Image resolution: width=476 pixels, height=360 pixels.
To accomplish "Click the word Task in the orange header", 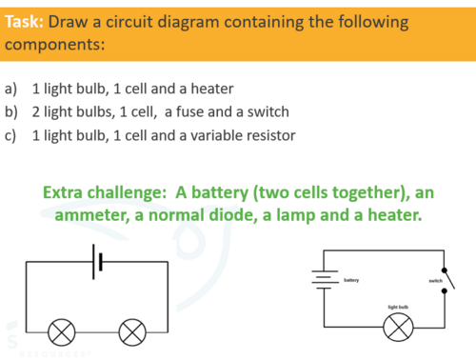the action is (24, 22).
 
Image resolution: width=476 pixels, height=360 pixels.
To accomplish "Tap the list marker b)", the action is (11, 112).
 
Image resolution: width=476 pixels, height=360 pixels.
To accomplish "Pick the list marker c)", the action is (10, 136).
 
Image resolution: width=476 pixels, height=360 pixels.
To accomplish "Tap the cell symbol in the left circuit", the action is (97, 262).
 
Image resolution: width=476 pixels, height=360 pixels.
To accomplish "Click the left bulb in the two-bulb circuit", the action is (62, 332).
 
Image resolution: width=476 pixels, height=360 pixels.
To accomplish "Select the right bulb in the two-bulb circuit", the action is (132, 332).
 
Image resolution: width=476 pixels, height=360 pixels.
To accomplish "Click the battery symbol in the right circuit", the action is (325, 280).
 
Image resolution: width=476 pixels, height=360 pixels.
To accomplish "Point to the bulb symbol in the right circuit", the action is (398, 327).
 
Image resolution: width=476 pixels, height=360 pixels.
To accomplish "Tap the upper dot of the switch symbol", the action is (445, 270).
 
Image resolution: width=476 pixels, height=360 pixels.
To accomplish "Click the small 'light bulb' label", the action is (398, 307).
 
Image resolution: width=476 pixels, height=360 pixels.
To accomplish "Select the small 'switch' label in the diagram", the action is (435, 281).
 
